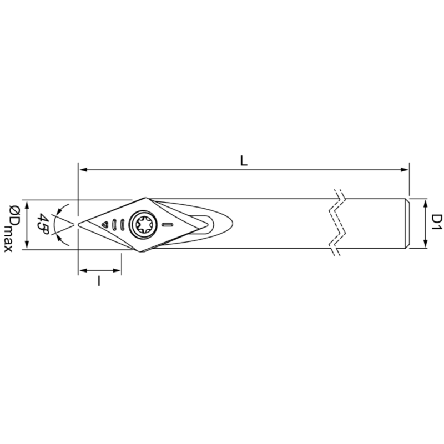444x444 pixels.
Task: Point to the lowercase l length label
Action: point(99,281)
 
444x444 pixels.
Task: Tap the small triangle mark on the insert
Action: point(104,224)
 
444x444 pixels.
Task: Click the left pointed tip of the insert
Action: point(79,224)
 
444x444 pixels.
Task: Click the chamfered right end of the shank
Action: point(408,223)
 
